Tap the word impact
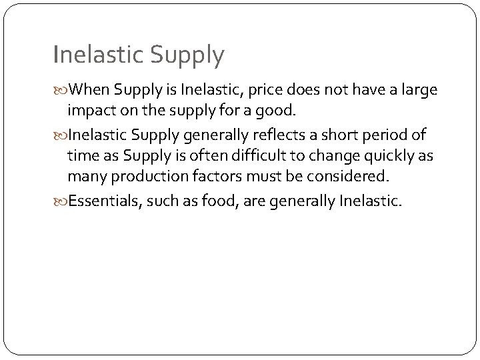[x=90, y=110]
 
